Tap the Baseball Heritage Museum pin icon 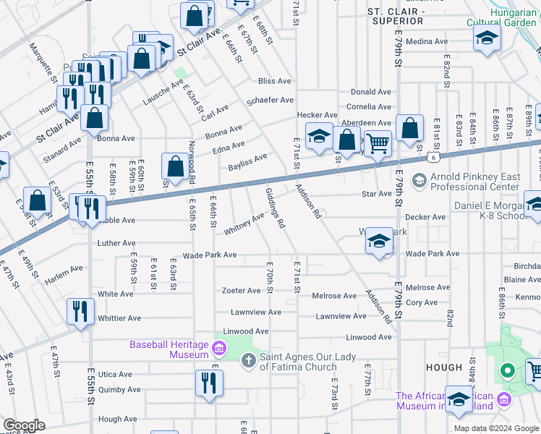pyautogui.click(x=218, y=352)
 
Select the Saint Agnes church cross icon pyautogui.click(x=247, y=360)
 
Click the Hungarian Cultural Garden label pyautogui.click(x=513, y=17)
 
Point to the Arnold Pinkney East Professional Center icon pyautogui.click(x=418, y=179)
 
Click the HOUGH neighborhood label pyautogui.click(x=444, y=367)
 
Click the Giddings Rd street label pyautogui.click(x=275, y=206)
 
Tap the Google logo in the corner pyautogui.click(x=25, y=425)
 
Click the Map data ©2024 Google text pyautogui.click(x=495, y=427)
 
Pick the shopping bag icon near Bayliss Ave pyautogui.click(x=175, y=166)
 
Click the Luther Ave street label pyautogui.click(x=116, y=244)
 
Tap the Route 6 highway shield pyautogui.click(x=431, y=156)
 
